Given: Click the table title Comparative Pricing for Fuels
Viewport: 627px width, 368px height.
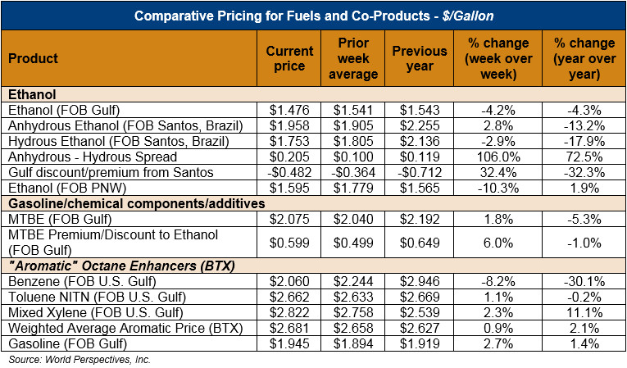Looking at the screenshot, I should pos(314,16).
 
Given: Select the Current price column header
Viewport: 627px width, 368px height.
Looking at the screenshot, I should pos(289,58).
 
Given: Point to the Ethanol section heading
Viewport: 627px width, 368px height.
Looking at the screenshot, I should pos(30,94).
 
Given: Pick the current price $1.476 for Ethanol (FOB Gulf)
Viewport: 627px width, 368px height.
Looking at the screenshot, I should pos(289,110).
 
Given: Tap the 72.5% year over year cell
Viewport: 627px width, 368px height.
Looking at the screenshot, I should pos(584,157).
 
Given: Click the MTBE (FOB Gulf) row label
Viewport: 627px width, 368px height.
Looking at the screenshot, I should pos(55,219).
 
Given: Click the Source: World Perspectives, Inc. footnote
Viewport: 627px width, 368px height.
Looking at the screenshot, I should pos(80,360).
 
